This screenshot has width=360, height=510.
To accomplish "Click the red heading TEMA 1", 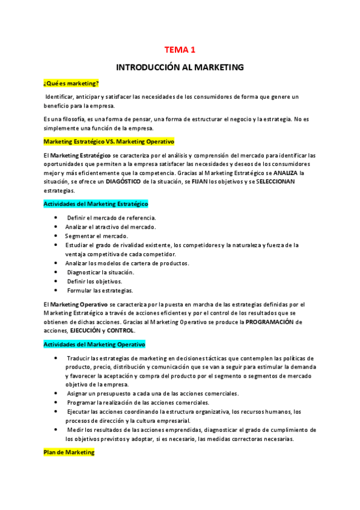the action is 180,50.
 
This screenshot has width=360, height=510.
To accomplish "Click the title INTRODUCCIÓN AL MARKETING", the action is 180,67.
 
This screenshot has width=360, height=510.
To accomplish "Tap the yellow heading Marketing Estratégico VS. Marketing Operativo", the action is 108,141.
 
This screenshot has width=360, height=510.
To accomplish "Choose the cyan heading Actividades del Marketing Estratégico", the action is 96,204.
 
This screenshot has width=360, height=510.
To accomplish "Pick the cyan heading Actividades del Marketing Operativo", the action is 94,344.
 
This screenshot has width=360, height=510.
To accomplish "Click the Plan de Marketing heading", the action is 69,452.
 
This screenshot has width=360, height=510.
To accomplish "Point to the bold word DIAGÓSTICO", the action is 123,182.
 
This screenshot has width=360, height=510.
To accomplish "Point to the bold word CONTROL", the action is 121,330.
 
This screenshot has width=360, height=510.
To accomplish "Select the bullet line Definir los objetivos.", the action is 95,281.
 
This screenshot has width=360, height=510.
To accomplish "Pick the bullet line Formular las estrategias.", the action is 100,290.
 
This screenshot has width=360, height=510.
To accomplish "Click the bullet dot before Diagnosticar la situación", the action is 56,272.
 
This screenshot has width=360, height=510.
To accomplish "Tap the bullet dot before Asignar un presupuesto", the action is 56,393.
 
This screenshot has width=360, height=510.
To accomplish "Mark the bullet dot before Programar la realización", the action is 56,402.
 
